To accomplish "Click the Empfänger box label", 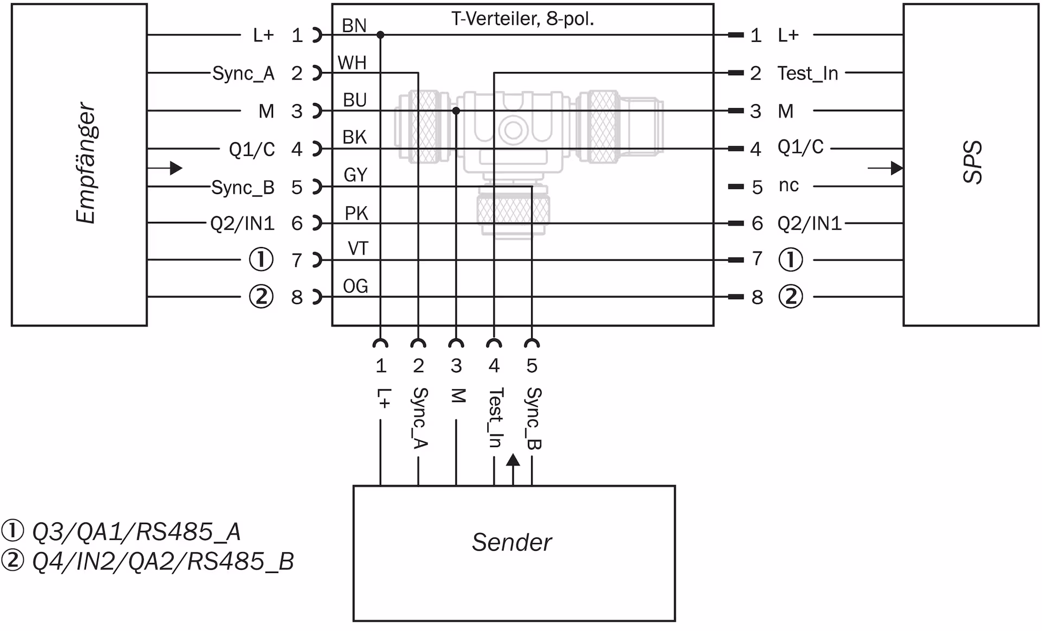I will [86, 163].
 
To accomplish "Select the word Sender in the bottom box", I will [511, 542].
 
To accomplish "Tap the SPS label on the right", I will [972, 162].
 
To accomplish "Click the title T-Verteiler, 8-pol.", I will [523, 19].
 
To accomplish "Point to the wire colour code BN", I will [354, 26].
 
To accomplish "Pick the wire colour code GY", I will [355, 175].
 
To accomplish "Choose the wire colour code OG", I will [355, 286].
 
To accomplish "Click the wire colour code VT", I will [358, 249].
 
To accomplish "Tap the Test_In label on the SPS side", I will [808, 73].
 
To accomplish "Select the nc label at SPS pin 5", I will [789, 186].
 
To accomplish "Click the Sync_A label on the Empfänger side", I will [243, 73].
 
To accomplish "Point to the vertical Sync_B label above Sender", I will [533, 418].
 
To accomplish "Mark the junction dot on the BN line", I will [380, 35].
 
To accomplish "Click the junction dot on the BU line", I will [456, 111].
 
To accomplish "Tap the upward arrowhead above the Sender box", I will [513, 460].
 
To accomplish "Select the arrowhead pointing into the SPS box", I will [897, 168].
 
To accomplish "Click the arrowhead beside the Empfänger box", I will [176, 168].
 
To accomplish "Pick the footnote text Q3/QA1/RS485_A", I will [136, 532].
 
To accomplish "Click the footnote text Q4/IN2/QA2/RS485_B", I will [163, 561].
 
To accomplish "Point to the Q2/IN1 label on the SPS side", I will [809, 223].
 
